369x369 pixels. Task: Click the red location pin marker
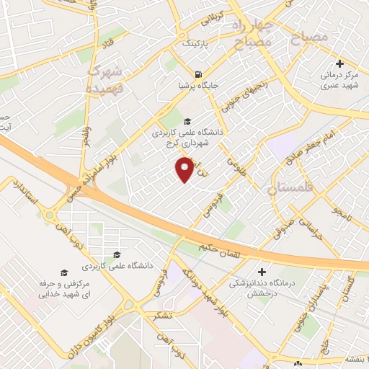pos(185,170)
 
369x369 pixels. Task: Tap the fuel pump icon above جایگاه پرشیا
pos(197,74)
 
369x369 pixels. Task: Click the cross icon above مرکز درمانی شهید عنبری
pos(340,63)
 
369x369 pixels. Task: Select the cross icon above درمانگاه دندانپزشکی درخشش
pos(262,272)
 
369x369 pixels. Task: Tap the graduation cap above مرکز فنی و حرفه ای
pos(63,273)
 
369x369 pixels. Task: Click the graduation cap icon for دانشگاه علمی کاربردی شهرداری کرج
pos(187,121)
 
